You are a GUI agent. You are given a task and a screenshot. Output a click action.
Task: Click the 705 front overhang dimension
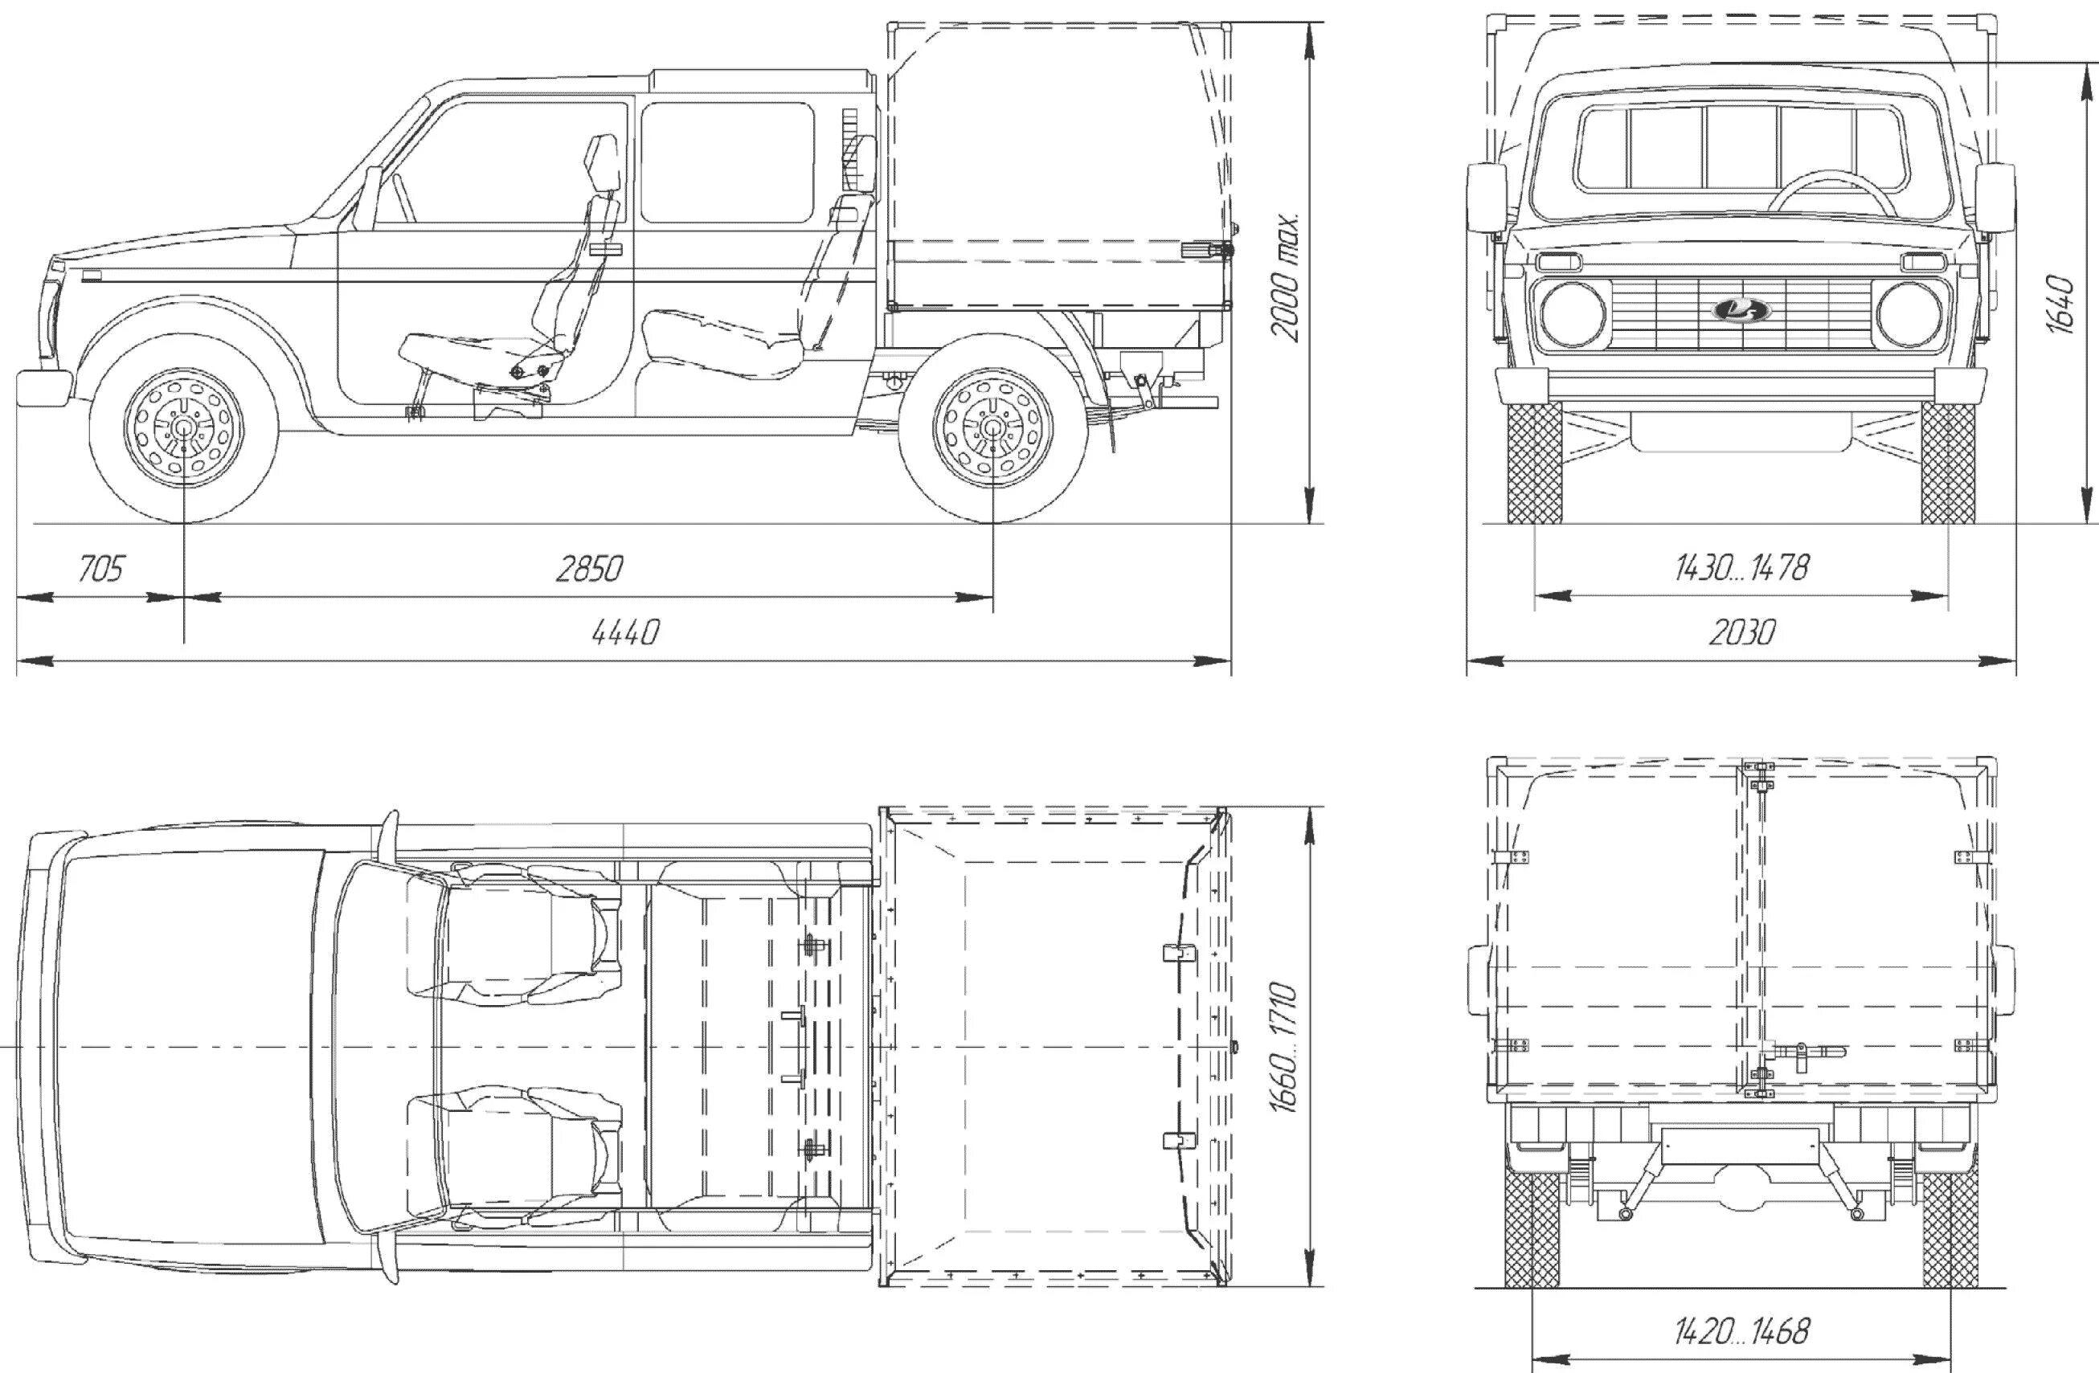coord(100,570)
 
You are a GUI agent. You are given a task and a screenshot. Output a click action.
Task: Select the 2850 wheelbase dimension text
coord(589,570)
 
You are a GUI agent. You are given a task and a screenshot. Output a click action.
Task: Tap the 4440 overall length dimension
coord(625,632)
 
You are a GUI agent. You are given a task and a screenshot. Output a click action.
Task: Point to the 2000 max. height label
coord(1285,276)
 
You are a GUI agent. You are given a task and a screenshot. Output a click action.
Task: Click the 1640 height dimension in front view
coord(2061,304)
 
